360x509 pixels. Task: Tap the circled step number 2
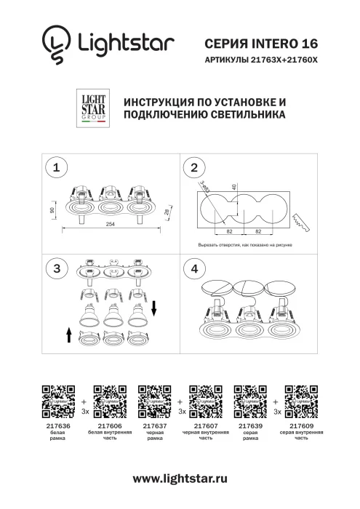[x=193, y=168]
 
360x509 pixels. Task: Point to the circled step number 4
[x=193, y=268]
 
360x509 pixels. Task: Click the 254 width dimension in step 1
[x=110, y=224]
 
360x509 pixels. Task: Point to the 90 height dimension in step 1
[x=53, y=209]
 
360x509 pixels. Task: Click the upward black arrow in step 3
[x=68, y=334]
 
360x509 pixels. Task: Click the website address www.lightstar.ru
[x=180, y=479]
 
